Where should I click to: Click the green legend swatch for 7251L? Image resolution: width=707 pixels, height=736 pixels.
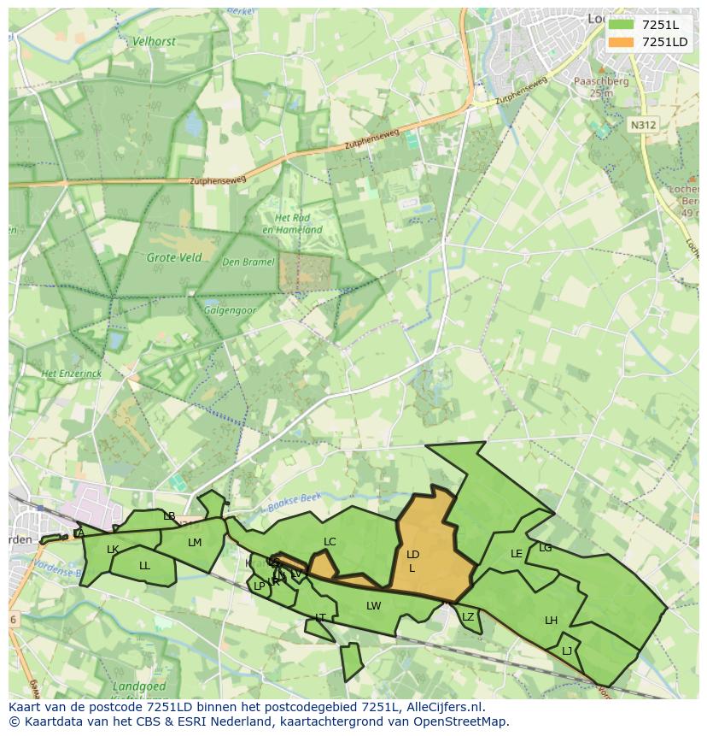[x=622, y=25]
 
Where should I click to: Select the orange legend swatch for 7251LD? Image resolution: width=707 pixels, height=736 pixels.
[x=622, y=42]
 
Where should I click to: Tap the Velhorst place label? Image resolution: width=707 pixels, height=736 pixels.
[x=153, y=41]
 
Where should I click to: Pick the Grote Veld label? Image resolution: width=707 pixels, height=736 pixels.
[x=174, y=257]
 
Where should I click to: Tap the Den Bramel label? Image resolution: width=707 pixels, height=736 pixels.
[x=248, y=262]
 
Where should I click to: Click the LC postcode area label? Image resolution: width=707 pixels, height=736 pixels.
[x=330, y=542]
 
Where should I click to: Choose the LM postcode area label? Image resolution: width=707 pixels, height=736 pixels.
[x=195, y=543]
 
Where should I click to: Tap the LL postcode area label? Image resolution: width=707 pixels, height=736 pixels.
[x=144, y=566]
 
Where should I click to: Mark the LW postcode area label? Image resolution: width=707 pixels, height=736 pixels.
[x=373, y=606]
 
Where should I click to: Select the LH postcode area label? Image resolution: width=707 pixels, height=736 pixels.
[x=551, y=621]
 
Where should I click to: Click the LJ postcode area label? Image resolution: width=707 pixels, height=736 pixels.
[x=567, y=651]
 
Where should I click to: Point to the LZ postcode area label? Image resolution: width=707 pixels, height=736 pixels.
[x=467, y=617]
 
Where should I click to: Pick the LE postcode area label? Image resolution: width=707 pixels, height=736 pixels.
[x=516, y=554]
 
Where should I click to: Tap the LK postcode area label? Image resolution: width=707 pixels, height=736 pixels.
[x=113, y=550]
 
